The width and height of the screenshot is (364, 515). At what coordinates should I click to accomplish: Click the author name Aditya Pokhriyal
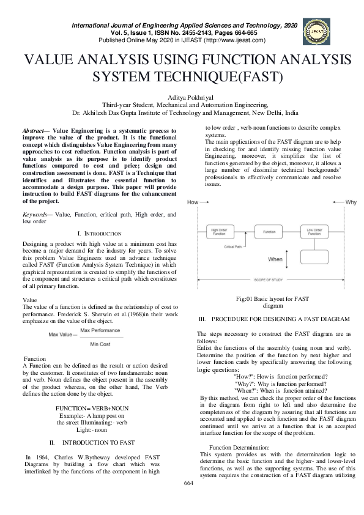click(182, 97)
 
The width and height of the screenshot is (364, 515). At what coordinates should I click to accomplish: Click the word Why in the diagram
click(351, 202)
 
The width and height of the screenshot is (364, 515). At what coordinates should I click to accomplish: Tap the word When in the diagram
click(275, 259)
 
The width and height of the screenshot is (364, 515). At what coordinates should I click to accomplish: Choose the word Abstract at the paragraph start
click(33, 131)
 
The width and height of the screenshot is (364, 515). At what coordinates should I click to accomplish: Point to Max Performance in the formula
click(100, 330)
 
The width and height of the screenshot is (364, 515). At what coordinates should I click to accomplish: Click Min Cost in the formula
click(100, 344)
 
